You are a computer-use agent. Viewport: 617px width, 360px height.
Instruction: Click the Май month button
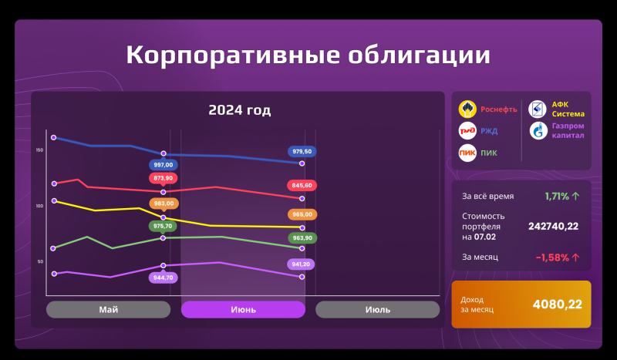[x=108, y=309]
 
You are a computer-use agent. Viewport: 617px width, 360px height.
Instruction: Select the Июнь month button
[x=243, y=309]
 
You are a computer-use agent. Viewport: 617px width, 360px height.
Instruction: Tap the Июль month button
[x=377, y=309]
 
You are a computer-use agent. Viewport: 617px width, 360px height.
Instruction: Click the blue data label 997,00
[x=164, y=165]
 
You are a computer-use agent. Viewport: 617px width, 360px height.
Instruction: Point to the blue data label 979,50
[x=302, y=151]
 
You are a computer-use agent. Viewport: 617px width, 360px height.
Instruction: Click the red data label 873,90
[x=164, y=178]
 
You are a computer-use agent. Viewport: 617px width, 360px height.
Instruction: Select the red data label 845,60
[x=302, y=185]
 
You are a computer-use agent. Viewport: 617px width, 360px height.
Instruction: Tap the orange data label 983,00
[x=164, y=204]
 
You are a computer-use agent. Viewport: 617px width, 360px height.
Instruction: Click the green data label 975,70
[x=164, y=226]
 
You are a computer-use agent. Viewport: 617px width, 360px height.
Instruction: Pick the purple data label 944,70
[x=164, y=277]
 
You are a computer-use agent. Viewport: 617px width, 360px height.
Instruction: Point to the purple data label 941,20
[x=302, y=264]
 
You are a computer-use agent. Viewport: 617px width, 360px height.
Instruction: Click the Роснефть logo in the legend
[x=467, y=109]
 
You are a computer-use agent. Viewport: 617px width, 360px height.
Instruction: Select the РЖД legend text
[x=489, y=131]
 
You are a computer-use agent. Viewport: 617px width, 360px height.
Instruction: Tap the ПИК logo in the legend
[x=467, y=153]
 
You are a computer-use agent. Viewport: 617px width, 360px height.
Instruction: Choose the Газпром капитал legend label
[x=568, y=131]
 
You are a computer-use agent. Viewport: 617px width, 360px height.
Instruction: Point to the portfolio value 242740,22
[x=553, y=226]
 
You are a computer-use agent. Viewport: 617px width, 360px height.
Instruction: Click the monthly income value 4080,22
[x=557, y=304]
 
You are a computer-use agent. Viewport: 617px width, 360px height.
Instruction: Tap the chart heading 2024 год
[x=239, y=110]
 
